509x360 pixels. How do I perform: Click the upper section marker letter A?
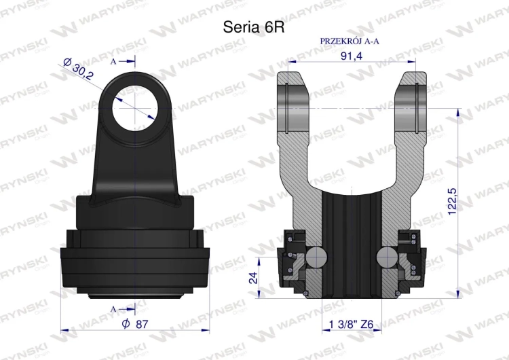coord(113,61)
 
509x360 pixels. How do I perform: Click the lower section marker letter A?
coord(113,309)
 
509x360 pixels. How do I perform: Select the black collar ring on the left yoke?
coord(134,262)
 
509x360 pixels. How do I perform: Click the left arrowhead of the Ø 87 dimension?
coord(65,330)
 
